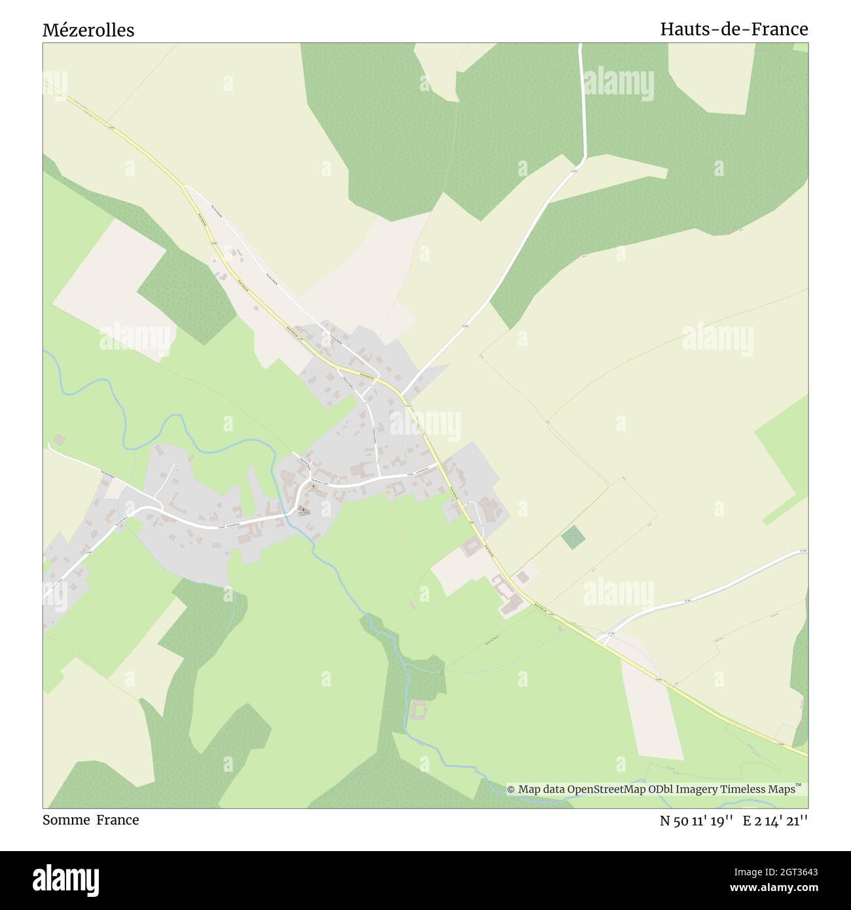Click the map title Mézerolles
[x=88, y=30]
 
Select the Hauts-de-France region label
[x=733, y=29]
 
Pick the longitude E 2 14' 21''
[x=775, y=820]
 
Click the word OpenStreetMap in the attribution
[x=608, y=789]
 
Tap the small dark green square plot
[x=573, y=537]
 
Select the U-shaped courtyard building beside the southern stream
[x=418, y=709]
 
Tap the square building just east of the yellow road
[x=522, y=577]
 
